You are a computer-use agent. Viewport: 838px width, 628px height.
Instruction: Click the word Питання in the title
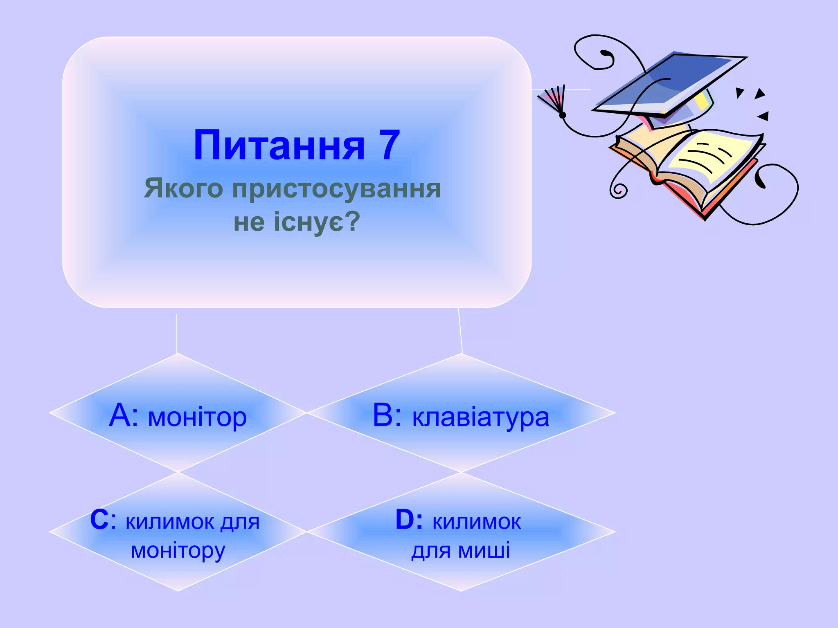click(x=279, y=146)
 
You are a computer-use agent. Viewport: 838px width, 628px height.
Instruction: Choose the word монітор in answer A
click(x=197, y=418)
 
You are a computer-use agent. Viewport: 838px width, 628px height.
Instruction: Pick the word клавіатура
click(x=480, y=418)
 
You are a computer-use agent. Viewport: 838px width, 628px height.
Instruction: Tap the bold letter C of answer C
click(x=99, y=520)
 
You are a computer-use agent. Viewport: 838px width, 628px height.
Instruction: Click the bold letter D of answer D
click(x=405, y=520)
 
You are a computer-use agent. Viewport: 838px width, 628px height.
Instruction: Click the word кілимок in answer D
click(x=477, y=522)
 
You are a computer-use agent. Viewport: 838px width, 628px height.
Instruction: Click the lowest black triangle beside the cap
click(x=763, y=117)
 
